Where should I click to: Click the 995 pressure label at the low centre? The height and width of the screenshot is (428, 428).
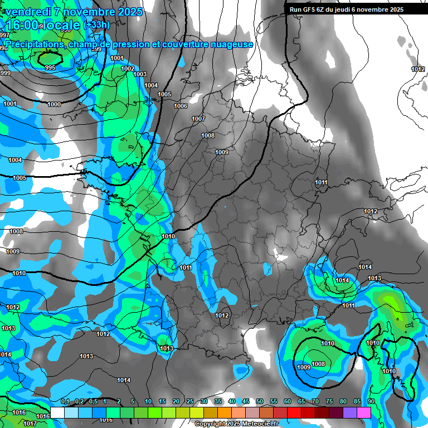point(50,67)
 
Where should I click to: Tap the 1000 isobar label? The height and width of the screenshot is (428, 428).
point(54,105)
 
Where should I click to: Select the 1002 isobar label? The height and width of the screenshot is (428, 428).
point(128,69)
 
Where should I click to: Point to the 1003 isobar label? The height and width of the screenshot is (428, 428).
point(140,74)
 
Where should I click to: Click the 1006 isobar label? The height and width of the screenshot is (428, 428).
point(181,106)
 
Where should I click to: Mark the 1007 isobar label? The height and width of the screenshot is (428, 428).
point(198,119)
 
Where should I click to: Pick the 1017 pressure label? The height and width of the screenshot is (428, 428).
point(30,424)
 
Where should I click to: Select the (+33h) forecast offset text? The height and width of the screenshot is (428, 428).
point(96,25)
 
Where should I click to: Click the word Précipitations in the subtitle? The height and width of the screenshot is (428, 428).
point(33,44)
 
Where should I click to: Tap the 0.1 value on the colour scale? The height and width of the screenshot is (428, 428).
point(65,402)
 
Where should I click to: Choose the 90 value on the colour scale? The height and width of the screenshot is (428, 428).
point(371,402)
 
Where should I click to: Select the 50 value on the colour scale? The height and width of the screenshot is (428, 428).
point(259,402)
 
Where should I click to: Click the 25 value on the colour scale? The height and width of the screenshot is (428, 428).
point(189,402)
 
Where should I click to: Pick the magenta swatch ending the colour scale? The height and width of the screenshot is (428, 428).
point(364,412)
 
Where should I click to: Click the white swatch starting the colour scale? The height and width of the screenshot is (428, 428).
point(57,412)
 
